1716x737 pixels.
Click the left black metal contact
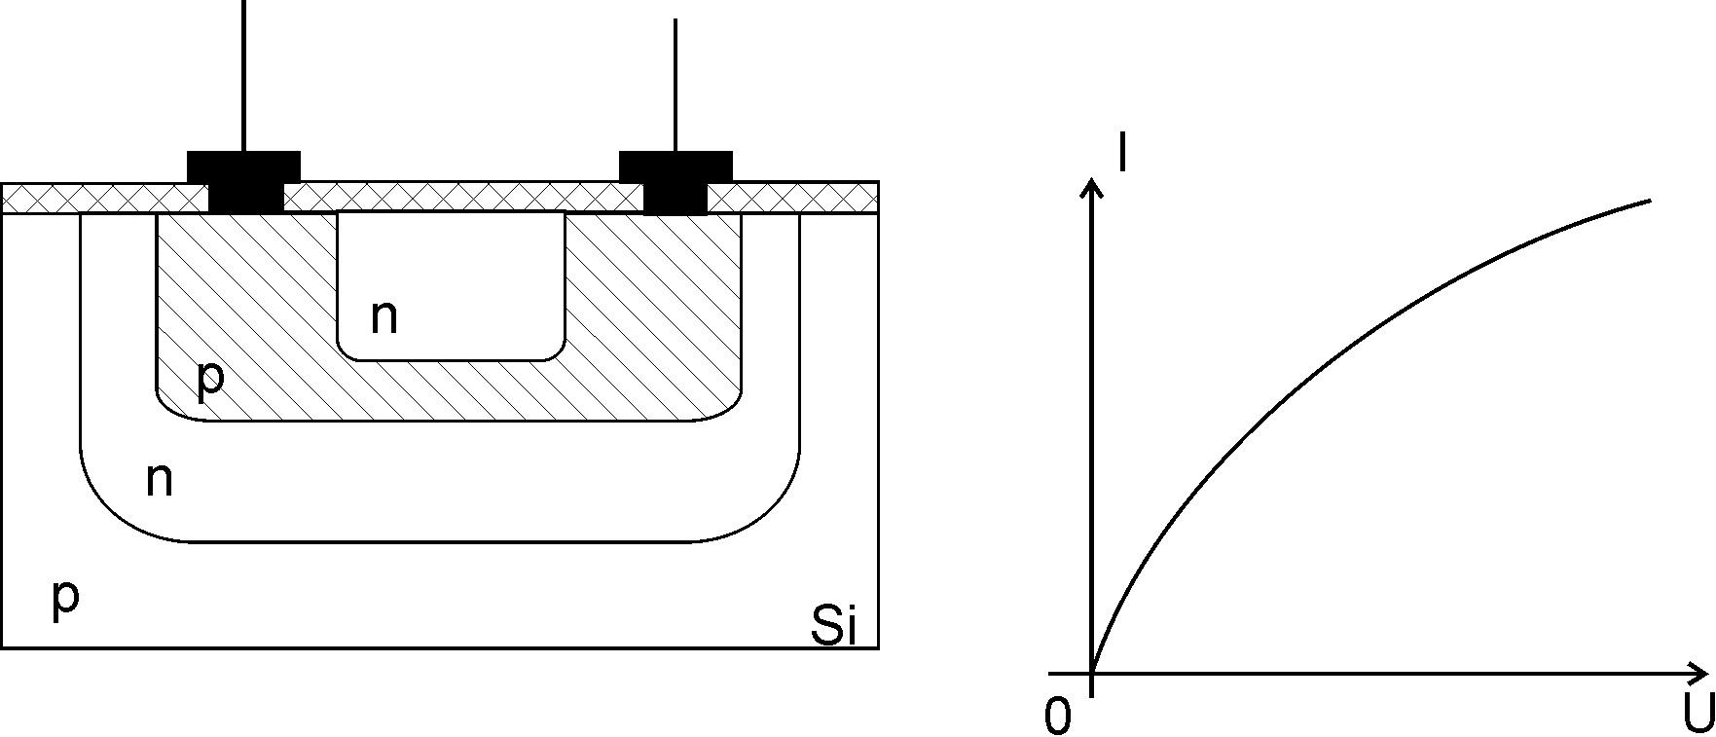pyautogui.click(x=244, y=181)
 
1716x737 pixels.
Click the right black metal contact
pyautogui.click(x=675, y=181)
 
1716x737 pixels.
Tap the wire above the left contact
pyautogui.click(x=244, y=75)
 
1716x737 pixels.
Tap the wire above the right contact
pyautogui.click(x=675, y=85)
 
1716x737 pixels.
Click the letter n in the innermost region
pyautogui.click(x=384, y=318)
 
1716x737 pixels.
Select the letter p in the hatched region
pyautogui.click(x=210, y=381)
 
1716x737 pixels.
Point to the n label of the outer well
pyautogui.click(x=160, y=480)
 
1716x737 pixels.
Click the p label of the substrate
pyautogui.click(x=64, y=601)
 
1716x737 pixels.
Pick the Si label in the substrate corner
pyautogui.click(x=834, y=626)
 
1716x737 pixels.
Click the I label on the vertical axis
pyautogui.click(x=1124, y=154)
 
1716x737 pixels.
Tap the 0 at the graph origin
pyautogui.click(x=1057, y=718)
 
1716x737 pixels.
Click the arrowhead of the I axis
pyautogui.click(x=1093, y=189)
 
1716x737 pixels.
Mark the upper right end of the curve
pyautogui.click(x=1652, y=201)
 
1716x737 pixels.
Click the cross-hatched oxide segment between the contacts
pyautogui.click(x=463, y=198)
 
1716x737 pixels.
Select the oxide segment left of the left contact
pyautogui.click(x=105, y=198)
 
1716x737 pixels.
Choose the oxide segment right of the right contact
pyautogui.click(x=792, y=198)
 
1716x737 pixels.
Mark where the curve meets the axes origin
pyautogui.click(x=1093, y=673)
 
